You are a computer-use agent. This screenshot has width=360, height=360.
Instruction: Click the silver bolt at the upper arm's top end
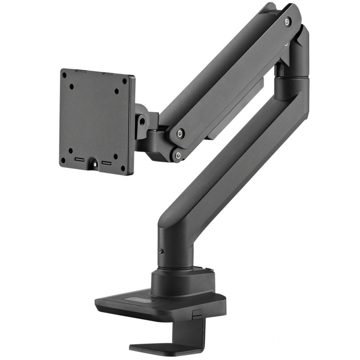tap(287, 22)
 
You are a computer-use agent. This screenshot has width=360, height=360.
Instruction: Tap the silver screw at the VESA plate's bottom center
tap(95, 164)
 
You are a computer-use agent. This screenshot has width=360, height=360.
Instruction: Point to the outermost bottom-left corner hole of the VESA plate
tap(63, 160)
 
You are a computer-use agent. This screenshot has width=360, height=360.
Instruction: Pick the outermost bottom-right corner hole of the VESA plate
tap(123, 168)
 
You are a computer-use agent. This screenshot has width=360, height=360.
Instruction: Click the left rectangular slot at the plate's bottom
tap(79, 159)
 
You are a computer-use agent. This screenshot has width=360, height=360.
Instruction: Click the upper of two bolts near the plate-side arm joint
tap(179, 134)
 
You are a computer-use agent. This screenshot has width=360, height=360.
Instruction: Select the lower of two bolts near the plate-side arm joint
tap(179, 155)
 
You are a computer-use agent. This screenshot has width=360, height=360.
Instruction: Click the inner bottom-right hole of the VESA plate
tap(116, 156)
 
